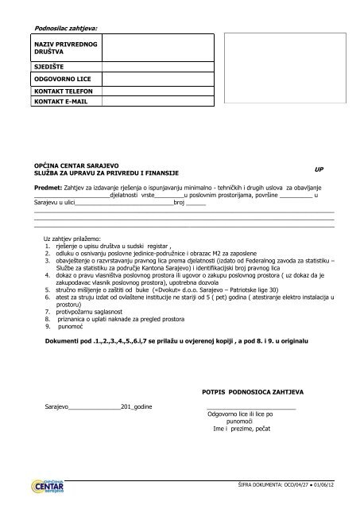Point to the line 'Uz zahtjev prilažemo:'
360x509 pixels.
(x=72, y=239)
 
